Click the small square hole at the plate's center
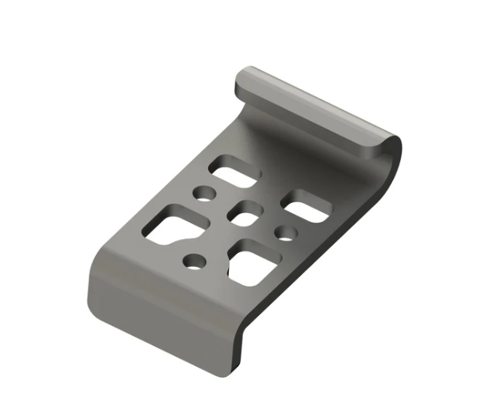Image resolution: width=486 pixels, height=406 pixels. click(247, 212)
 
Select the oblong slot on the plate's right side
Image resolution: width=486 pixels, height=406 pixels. click(306, 205)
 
